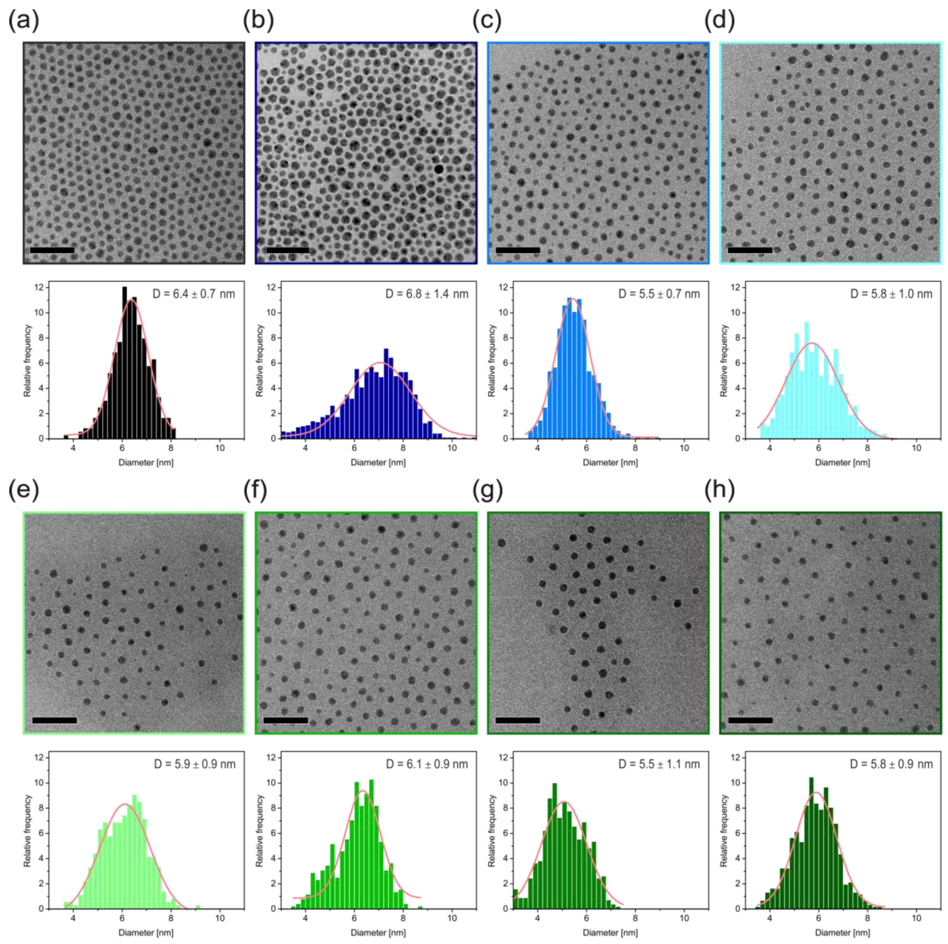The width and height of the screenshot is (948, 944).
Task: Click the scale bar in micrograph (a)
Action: pyautogui.click(x=52, y=250)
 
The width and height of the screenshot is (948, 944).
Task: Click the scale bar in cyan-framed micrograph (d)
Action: pyautogui.click(x=750, y=250)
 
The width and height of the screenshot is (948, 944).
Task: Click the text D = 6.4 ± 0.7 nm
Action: pyautogui.click(x=193, y=294)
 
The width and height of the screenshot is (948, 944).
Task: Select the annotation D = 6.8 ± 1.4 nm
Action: pyautogui.click(x=427, y=294)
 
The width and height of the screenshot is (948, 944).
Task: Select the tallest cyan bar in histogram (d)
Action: pyautogui.click(x=806, y=380)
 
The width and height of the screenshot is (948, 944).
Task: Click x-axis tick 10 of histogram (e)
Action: pyautogui.click(x=220, y=918)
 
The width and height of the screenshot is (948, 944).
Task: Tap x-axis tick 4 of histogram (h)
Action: pyautogui.click(x=769, y=918)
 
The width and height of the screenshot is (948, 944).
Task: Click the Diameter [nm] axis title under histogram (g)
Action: pyautogui.click(x=610, y=932)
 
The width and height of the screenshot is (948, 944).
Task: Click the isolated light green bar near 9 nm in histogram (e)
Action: pyautogui.click(x=198, y=907)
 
